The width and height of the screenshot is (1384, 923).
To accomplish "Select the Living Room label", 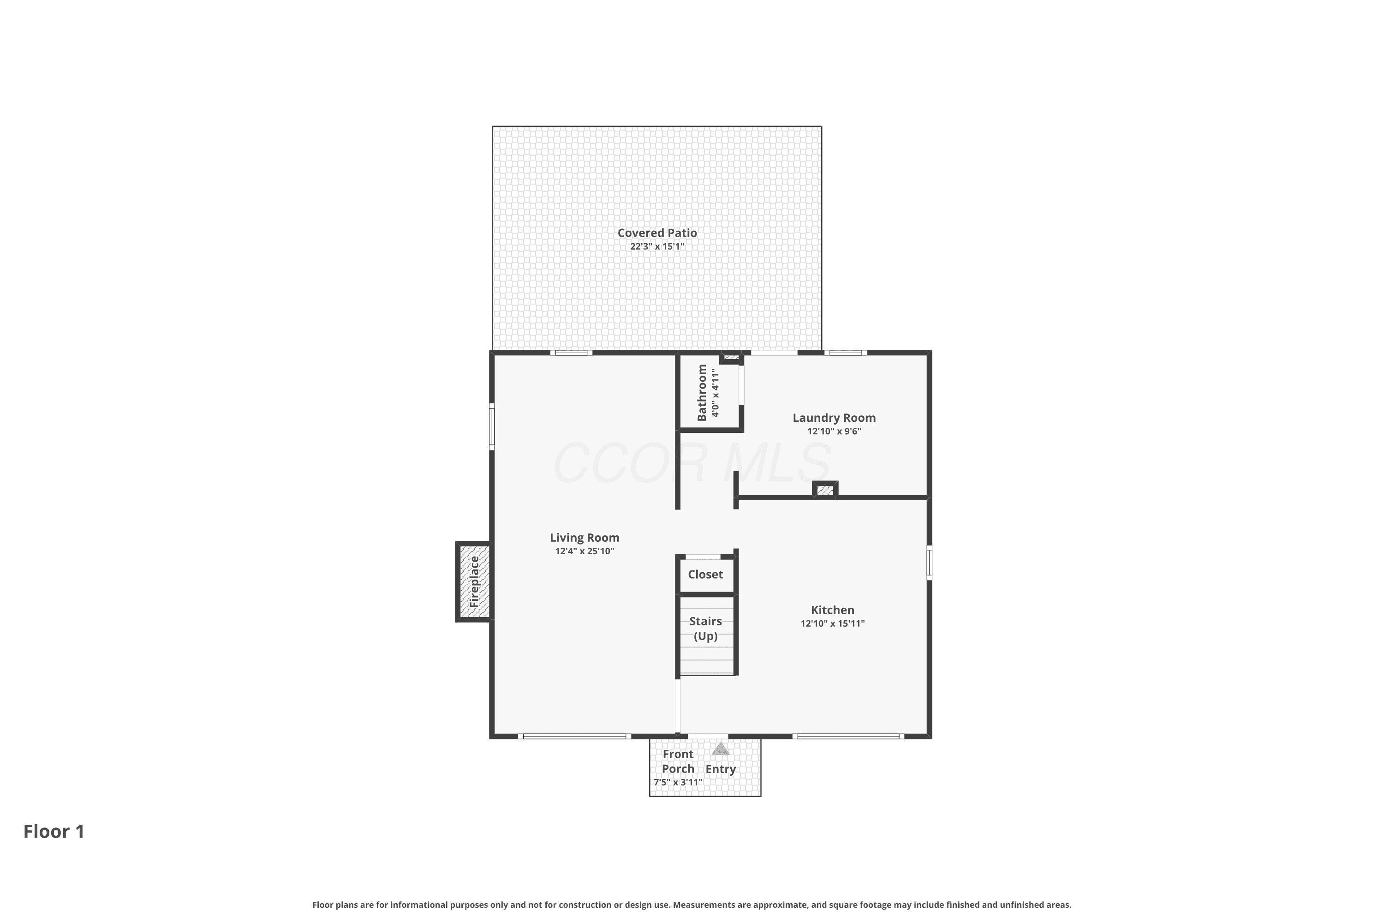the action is point(585,538).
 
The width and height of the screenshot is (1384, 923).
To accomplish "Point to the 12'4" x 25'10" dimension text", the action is point(585,551).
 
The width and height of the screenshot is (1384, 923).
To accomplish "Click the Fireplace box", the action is point(474,581).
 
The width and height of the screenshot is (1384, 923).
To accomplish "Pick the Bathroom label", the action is point(701,393).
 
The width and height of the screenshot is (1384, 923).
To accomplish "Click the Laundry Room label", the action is point(834,418).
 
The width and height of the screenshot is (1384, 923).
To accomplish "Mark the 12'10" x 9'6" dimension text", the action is point(834,432).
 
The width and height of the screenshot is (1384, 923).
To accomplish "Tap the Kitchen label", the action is point(832,611).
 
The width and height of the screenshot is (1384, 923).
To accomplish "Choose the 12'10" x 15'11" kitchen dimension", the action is point(832,624).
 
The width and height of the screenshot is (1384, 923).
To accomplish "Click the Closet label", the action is point(705,575).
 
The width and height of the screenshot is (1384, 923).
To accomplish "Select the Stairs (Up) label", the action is point(705,629).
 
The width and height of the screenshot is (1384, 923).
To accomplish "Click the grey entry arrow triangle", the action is point(721,749).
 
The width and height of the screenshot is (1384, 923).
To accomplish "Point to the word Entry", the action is point(721,769).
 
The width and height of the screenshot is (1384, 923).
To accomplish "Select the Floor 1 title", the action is point(54,832).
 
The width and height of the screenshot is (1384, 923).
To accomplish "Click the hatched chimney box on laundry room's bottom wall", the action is point(825,489).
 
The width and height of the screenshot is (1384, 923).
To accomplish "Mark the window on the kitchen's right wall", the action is point(929,563).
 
